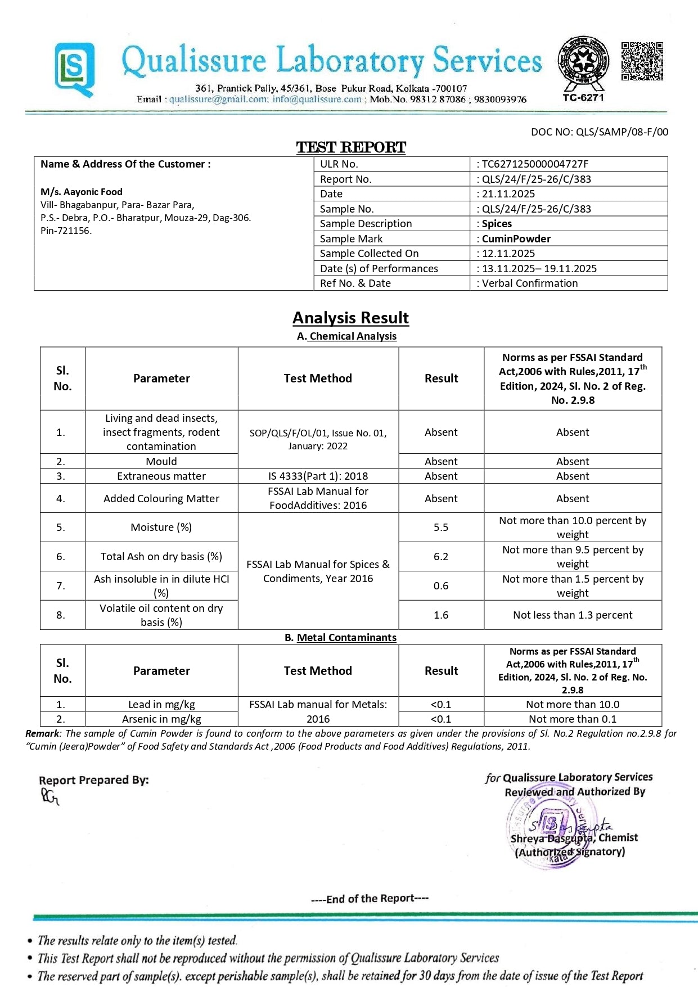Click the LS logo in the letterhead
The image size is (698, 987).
(74, 70)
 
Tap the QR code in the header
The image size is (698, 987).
(642, 61)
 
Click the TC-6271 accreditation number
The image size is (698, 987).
(583, 97)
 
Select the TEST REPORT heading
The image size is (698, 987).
(351, 147)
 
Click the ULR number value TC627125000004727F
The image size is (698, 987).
(535, 164)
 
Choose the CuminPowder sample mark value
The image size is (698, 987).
(516, 238)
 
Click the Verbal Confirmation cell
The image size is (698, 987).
(529, 283)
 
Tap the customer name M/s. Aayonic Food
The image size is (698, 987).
(82, 192)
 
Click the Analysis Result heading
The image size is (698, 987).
(350, 318)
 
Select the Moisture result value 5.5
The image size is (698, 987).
(441, 528)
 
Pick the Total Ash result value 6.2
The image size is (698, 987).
(441, 557)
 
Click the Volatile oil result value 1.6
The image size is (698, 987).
(441, 615)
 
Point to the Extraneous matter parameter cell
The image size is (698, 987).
(161, 476)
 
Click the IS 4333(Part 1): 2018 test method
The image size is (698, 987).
(318, 476)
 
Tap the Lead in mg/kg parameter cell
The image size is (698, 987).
(161, 705)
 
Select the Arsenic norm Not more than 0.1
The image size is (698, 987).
(573, 719)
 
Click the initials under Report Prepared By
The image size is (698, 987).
(49, 796)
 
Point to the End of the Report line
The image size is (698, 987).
(370, 899)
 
